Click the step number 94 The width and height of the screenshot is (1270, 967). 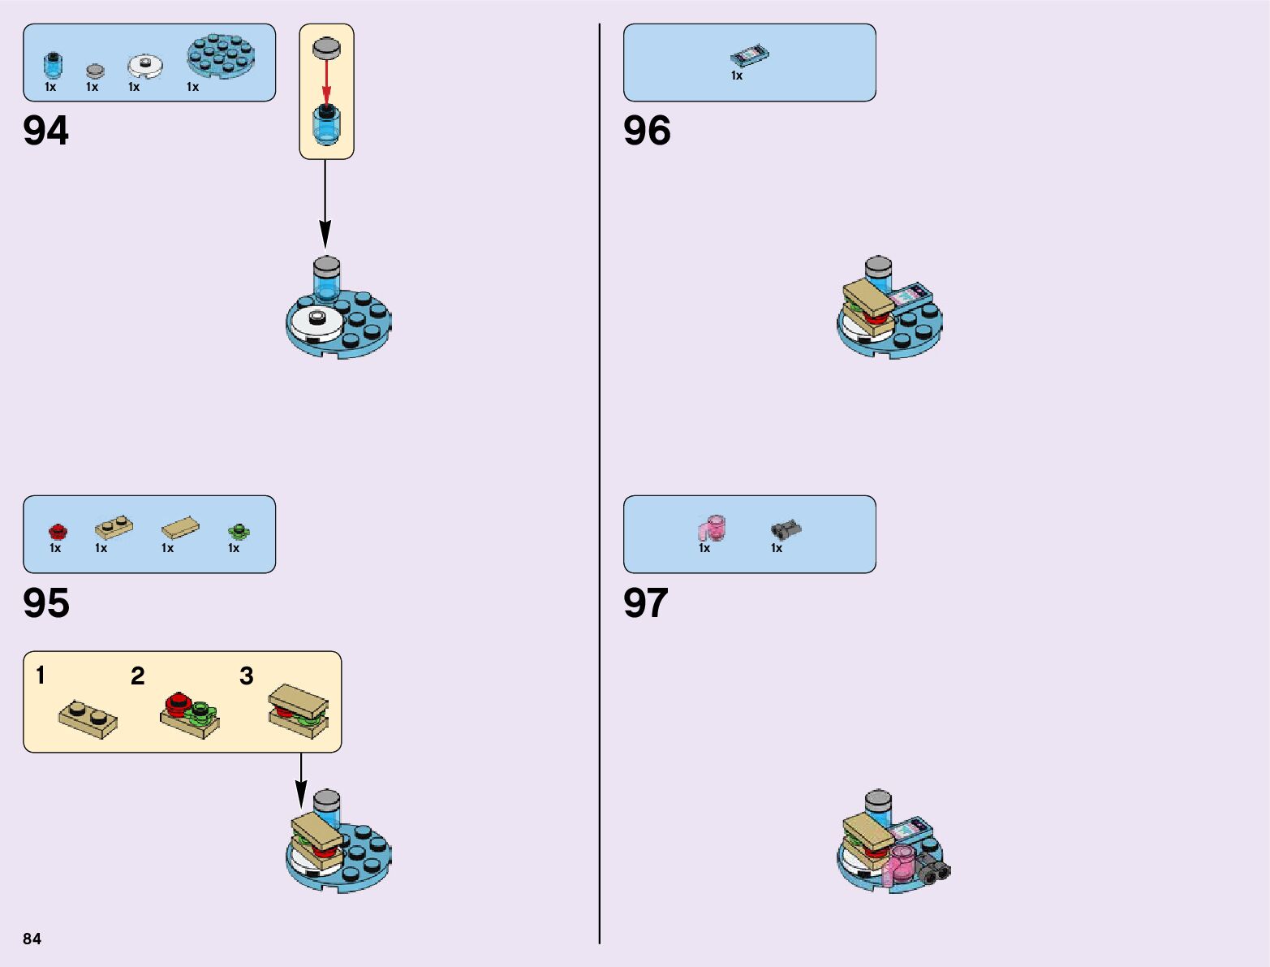pyautogui.click(x=46, y=131)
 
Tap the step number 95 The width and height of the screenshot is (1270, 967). pyautogui.click(x=46, y=603)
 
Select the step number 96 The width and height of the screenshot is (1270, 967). pyautogui.click(x=647, y=131)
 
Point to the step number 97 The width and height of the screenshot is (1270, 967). pyautogui.click(x=646, y=603)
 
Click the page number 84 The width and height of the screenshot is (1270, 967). pyautogui.click(x=32, y=939)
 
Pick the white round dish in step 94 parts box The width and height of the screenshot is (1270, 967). pyautogui.click(x=144, y=64)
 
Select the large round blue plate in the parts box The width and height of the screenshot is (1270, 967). pyautogui.click(x=222, y=55)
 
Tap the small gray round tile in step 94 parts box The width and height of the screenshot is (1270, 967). pyautogui.click(x=95, y=71)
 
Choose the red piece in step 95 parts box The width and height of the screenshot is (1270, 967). pyautogui.click(x=58, y=532)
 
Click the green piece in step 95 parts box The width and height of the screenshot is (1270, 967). pyautogui.click(x=238, y=532)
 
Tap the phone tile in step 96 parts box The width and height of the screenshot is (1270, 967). pyautogui.click(x=749, y=56)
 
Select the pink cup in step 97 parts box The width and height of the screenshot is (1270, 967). pyautogui.click(x=712, y=528)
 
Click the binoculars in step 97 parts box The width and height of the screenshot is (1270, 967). pyautogui.click(x=785, y=529)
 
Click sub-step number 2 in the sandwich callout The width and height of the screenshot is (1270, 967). pyautogui.click(x=138, y=676)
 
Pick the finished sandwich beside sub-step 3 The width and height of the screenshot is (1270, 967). pyautogui.click(x=298, y=710)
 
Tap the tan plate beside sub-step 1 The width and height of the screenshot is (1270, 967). pyautogui.click(x=88, y=719)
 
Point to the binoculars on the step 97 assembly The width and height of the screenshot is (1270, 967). pyautogui.click(x=934, y=872)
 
